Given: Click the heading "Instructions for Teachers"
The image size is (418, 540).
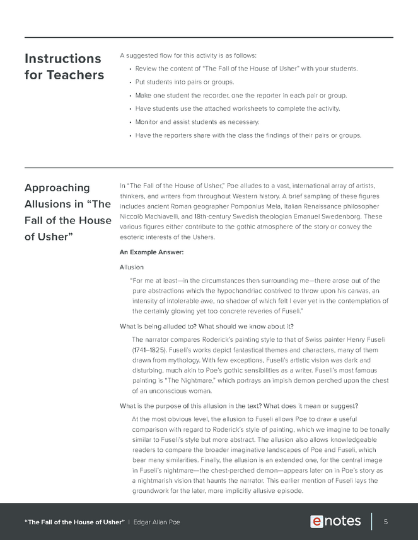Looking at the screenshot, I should click(x=62, y=67).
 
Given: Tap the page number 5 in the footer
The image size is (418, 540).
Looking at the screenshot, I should click(x=385, y=522).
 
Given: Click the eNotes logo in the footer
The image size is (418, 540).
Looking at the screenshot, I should click(x=335, y=522).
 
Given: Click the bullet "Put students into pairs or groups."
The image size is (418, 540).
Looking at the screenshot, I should click(x=176, y=82).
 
